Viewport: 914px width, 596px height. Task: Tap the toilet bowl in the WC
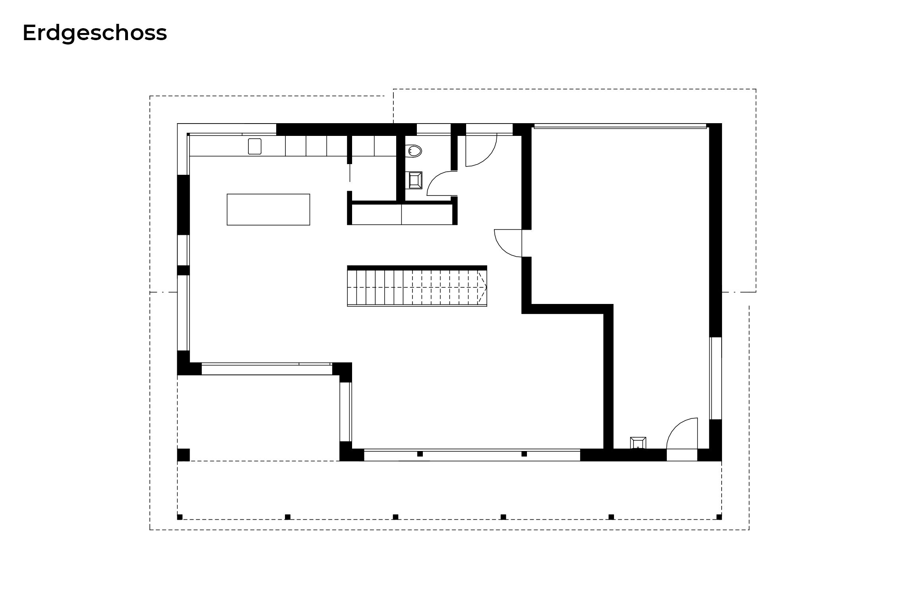pyautogui.click(x=414, y=151)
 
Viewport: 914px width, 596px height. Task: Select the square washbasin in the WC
pyautogui.click(x=415, y=180)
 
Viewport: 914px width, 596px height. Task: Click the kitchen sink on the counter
pyautogui.click(x=255, y=146)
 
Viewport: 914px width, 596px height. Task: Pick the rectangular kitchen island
pyautogui.click(x=268, y=209)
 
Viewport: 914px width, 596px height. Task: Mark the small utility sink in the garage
pyautogui.click(x=638, y=443)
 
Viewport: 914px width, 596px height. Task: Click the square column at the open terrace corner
pyautogui.click(x=183, y=455)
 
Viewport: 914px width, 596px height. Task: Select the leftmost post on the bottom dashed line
pyautogui.click(x=180, y=517)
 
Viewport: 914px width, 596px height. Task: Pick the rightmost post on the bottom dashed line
pyautogui.click(x=719, y=517)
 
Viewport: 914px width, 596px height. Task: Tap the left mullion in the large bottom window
pyautogui.click(x=420, y=454)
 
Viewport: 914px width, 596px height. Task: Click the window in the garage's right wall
pyautogui.click(x=716, y=378)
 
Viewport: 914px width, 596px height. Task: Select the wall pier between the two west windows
pyautogui.click(x=183, y=270)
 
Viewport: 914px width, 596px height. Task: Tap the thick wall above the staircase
pyautogui.click(x=417, y=268)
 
